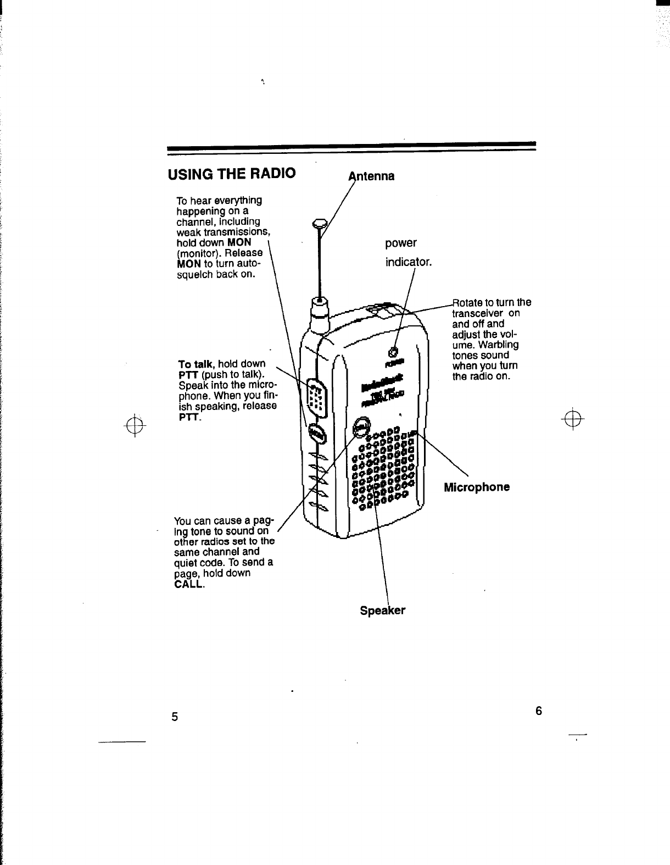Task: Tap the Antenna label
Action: (372, 176)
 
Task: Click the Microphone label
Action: (476, 487)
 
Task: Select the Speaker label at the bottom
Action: (382, 611)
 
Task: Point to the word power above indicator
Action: (401, 243)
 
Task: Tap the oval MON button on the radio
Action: (316, 435)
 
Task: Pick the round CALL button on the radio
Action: (362, 425)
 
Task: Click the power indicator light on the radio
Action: (393, 352)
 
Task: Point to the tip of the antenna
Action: (319, 223)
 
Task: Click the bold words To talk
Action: (196, 364)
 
